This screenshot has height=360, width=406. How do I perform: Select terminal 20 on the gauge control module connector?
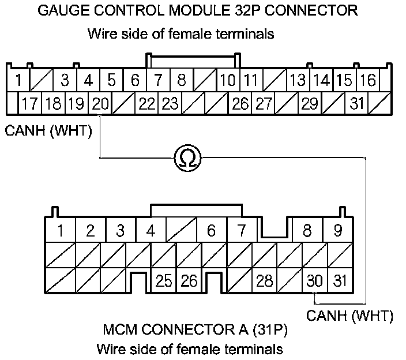point(100,104)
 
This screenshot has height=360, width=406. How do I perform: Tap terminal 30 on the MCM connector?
point(314,280)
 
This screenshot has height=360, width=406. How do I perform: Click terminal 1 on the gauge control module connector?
point(19,80)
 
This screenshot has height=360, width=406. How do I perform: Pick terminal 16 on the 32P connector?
point(368,80)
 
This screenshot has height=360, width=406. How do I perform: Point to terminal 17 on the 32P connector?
point(30,104)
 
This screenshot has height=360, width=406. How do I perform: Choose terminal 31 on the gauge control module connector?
point(358,104)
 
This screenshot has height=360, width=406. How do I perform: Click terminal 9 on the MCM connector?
point(338,231)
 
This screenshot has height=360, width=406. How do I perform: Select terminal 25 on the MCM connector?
point(164,280)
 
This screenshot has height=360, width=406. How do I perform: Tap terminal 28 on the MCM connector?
point(264,280)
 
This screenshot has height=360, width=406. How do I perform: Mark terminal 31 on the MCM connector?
point(340,280)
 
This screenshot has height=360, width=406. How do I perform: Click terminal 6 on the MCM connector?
point(211,231)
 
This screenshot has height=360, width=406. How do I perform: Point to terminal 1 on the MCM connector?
point(60,231)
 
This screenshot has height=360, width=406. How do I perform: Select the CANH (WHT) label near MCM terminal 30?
point(349,316)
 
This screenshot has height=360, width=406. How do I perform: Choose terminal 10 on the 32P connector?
point(228,80)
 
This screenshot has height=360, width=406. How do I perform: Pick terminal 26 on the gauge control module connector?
point(240,104)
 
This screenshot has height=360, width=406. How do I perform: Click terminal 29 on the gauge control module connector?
point(310,104)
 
